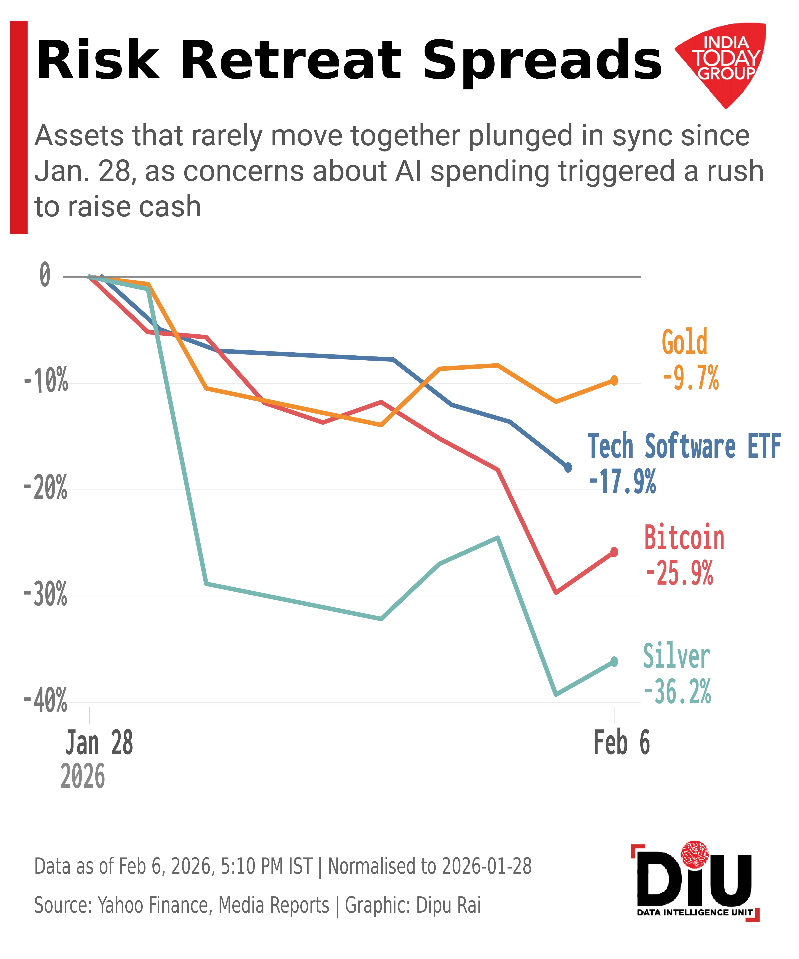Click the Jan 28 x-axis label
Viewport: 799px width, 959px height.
click(99, 743)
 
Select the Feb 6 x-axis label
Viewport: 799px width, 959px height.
click(622, 743)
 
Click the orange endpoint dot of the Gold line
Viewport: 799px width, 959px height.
click(614, 380)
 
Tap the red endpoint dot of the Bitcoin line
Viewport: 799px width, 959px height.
click(614, 552)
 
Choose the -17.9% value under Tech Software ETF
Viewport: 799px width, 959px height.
click(622, 482)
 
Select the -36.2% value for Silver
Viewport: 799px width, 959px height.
click(677, 692)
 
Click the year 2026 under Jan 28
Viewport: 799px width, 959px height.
click(83, 776)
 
